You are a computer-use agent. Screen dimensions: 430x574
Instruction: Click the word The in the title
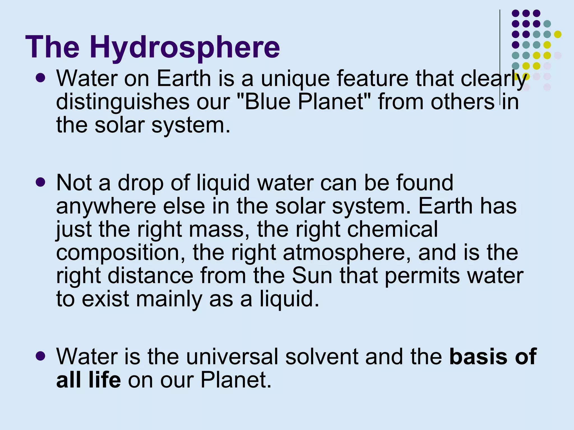click(x=53, y=47)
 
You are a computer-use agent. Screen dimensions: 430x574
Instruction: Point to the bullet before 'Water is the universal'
click(x=41, y=356)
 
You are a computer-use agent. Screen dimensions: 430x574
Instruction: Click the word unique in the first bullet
click(x=295, y=79)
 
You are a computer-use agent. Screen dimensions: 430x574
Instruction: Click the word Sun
click(x=312, y=276)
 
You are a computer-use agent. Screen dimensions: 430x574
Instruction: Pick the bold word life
click(x=104, y=380)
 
